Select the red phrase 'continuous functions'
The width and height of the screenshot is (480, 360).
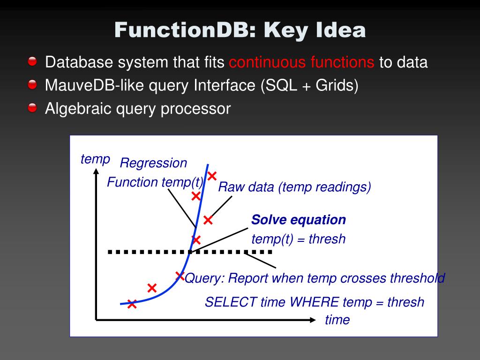(301, 62)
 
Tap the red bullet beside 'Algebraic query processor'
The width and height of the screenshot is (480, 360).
(32, 108)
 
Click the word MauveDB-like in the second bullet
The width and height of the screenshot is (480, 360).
(94, 85)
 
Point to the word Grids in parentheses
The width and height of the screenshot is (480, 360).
(334, 85)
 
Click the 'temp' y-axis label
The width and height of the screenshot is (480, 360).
(95, 159)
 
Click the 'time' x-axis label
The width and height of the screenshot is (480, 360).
(337, 320)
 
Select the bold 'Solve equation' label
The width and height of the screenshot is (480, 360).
(299, 220)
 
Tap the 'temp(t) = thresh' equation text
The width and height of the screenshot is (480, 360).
(299, 239)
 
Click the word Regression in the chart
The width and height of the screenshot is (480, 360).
(153, 163)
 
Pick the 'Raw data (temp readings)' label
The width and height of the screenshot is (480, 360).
(294, 187)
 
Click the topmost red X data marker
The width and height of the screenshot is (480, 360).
(212, 176)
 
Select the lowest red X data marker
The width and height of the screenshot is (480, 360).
(132, 304)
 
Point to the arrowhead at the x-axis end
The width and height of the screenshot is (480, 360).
(313, 320)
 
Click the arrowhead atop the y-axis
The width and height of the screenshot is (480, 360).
(96, 172)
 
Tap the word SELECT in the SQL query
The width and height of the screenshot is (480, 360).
(230, 302)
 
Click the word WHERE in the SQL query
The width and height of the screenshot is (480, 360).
(314, 302)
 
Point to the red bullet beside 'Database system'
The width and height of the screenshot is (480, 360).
(32, 61)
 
